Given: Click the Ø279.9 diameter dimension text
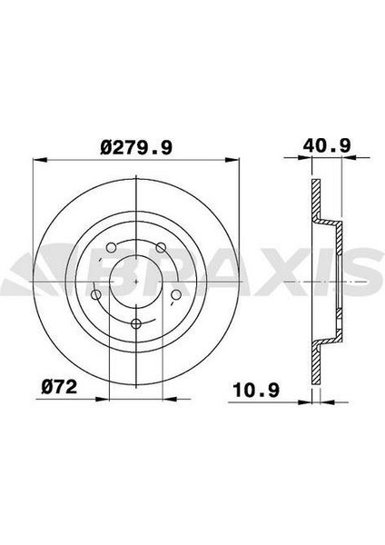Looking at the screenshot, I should [134, 144].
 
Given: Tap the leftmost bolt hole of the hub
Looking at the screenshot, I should [97, 293].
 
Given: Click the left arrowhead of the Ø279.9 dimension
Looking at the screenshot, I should [37, 162].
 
